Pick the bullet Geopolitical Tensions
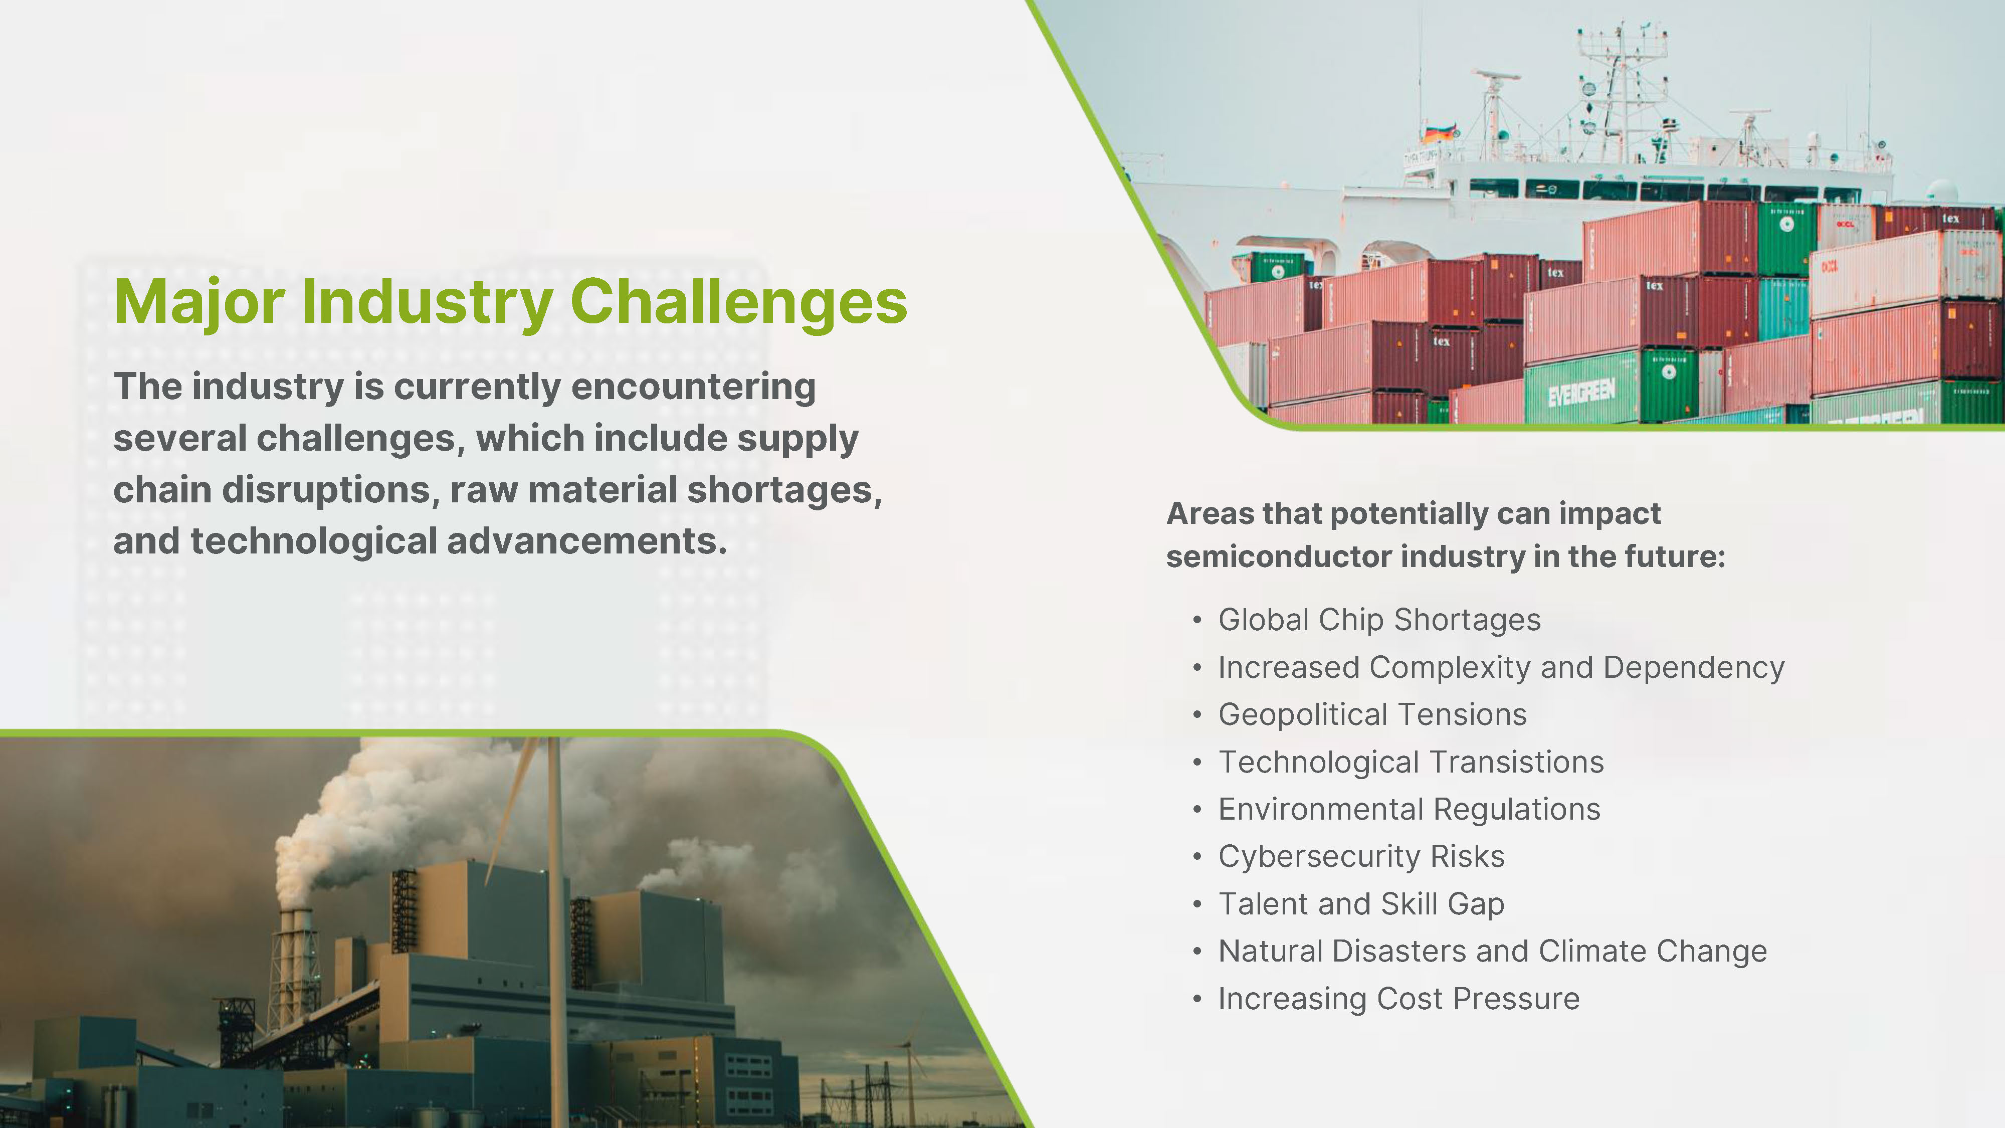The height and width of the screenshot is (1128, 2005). click(x=1372, y=714)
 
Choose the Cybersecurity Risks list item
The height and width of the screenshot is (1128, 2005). click(x=1361, y=856)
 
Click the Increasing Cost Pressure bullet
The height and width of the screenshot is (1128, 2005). click(x=1398, y=999)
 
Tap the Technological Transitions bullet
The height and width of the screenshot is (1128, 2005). click(x=1411, y=762)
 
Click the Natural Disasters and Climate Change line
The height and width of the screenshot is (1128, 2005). click(x=1492, y=952)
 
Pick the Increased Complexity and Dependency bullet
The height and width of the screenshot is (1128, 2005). click(x=1501, y=668)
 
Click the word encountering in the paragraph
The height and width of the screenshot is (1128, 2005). click(x=694, y=388)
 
